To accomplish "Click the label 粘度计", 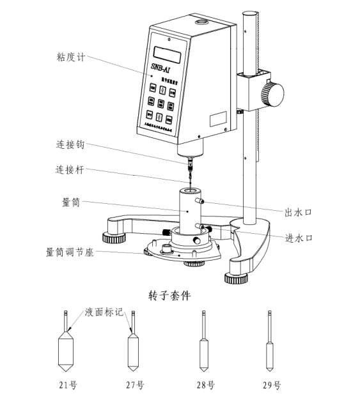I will click(71, 58).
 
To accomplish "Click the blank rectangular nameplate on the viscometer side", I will click(218, 118).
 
